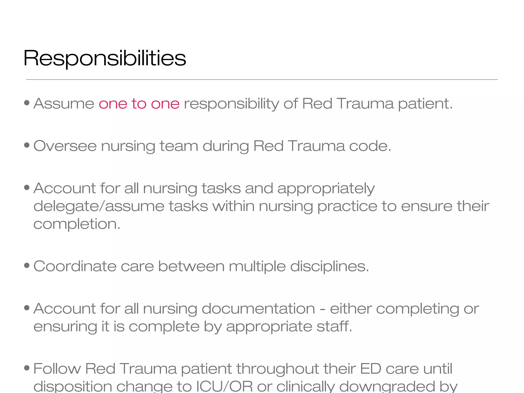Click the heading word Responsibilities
click(x=105, y=58)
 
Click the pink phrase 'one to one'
click(x=139, y=104)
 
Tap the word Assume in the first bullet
click(x=64, y=104)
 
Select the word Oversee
click(x=65, y=146)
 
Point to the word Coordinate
click(x=75, y=266)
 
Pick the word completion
click(x=77, y=224)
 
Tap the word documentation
click(x=258, y=309)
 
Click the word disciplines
click(x=330, y=266)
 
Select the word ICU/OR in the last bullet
click(x=224, y=386)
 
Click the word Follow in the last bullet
click(x=57, y=369)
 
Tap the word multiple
click(x=257, y=266)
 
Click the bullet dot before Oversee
click(x=27, y=145)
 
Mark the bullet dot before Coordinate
click(x=27, y=266)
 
